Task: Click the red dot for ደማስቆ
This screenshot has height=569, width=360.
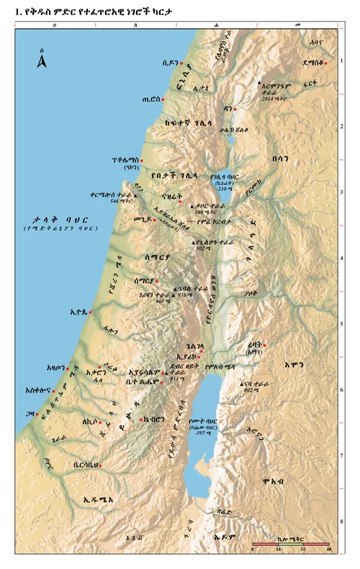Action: [325, 63]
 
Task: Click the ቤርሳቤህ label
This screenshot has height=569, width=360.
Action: [84, 465]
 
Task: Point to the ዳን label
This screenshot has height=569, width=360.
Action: [228, 109]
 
